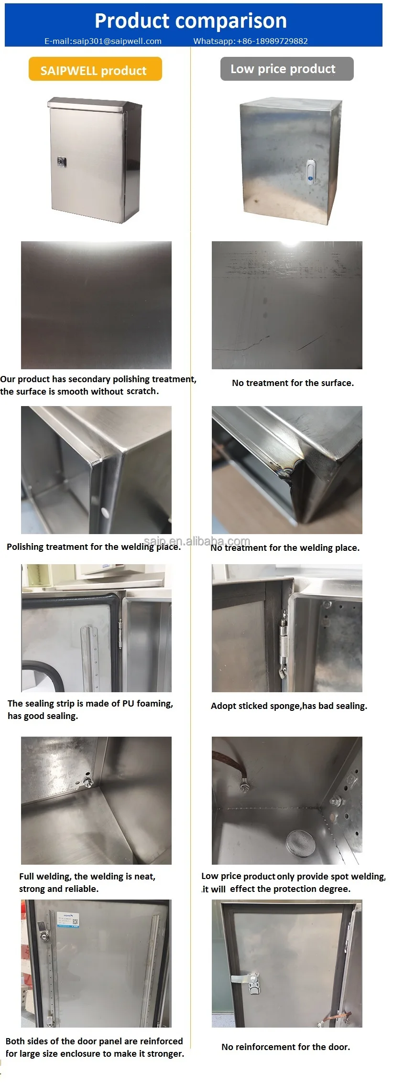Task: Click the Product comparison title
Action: (191, 21)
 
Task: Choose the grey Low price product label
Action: (287, 69)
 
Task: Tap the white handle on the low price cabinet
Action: (310, 171)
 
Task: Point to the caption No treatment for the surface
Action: (293, 383)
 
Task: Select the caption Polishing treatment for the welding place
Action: (94, 547)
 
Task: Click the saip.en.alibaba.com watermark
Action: (197, 541)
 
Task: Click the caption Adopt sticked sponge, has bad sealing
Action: (289, 706)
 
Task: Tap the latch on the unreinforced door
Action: (249, 980)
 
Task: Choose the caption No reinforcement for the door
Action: (286, 1047)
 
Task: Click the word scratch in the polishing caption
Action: (142, 391)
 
